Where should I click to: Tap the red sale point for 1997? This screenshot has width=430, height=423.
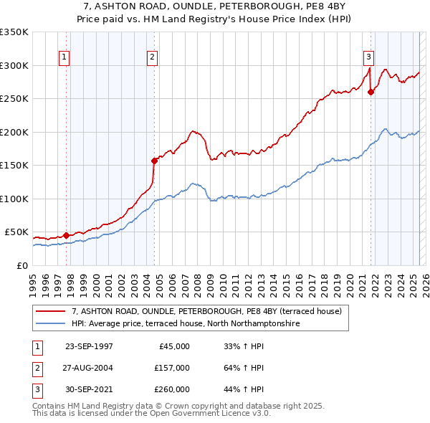click(66, 235)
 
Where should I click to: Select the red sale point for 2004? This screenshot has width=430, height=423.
click(154, 161)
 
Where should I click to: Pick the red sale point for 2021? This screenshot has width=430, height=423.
click(371, 92)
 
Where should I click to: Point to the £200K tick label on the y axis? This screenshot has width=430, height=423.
click(14, 132)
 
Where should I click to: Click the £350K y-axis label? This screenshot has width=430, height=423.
click(14, 32)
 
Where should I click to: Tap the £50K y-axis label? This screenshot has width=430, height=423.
click(16, 232)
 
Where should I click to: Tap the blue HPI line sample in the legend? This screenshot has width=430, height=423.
click(50, 324)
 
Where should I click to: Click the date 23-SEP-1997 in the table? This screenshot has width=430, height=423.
click(89, 346)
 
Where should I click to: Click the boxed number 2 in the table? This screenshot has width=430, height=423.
click(36, 368)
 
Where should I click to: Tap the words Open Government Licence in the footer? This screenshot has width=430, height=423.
click(202, 414)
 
